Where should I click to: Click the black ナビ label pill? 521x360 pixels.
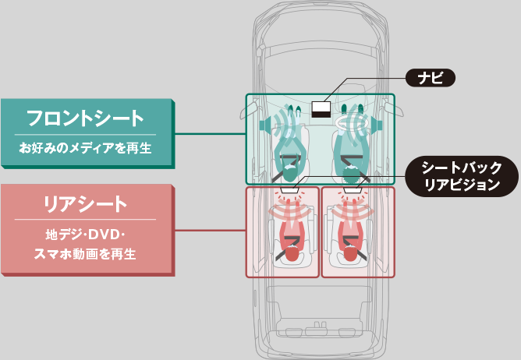[431, 78]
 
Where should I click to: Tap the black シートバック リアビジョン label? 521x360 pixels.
[462, 176]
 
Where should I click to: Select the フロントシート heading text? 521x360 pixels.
[85, 118]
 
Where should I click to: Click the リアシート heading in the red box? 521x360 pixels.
[85, 204]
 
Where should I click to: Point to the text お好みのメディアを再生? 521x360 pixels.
[85, 148]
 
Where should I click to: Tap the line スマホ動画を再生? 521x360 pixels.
[85, 254]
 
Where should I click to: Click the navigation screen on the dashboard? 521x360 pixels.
[321, 110]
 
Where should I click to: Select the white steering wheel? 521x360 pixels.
[352, 123]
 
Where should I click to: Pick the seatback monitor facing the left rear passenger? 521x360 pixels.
[289, 190]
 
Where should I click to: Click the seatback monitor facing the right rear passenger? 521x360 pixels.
[353, 190]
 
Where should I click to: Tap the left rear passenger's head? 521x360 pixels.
[292, 254]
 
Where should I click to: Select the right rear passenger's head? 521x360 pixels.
[350, 254]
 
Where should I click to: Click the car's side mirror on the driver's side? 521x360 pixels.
[395, 108]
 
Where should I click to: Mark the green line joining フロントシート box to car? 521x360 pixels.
[211, 134]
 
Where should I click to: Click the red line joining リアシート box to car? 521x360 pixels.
[211, 230]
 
